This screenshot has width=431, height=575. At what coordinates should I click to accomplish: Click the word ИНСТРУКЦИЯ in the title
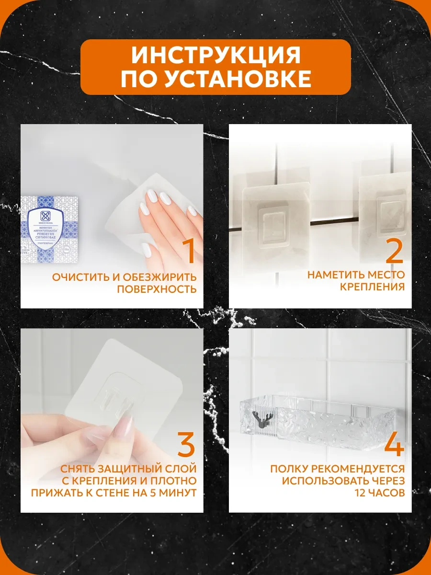pos(215,56)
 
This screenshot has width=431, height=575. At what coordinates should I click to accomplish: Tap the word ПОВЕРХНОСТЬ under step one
pos(157,289)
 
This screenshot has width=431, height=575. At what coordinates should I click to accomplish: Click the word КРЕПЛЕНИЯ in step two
pos(373,287)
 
